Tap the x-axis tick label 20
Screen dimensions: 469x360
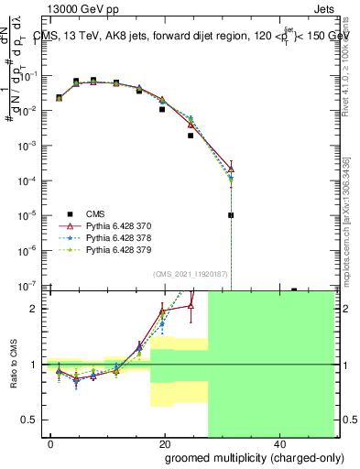(x=164, y=443)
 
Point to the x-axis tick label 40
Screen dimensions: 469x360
(x=278, y=443)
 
